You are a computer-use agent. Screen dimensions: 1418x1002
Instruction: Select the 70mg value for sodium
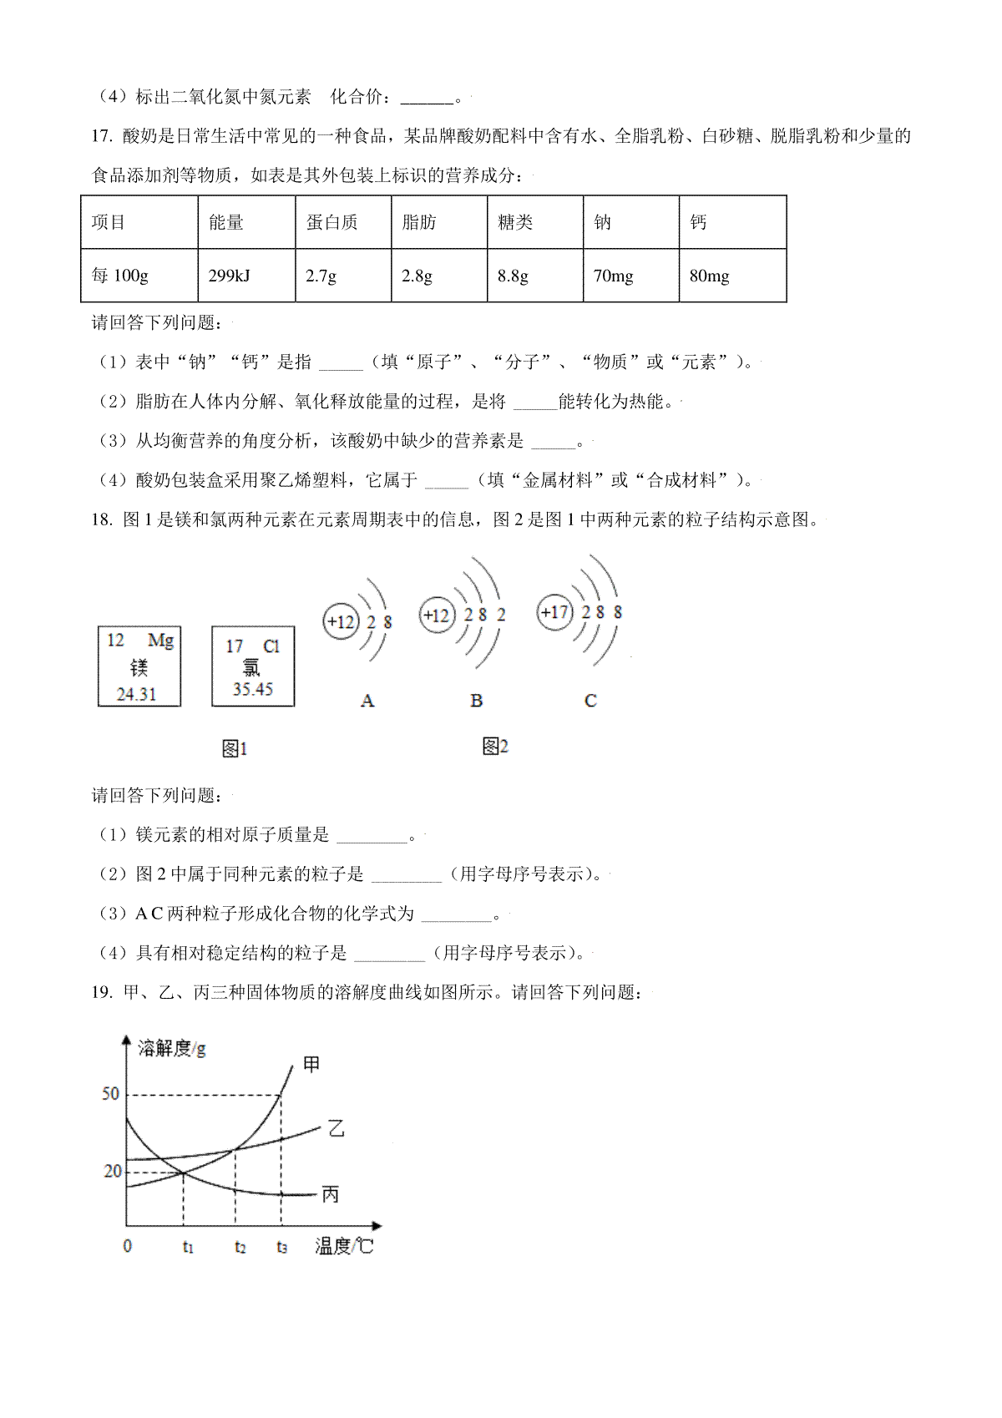point(613,276)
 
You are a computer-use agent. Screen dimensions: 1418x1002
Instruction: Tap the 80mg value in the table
point(709,276)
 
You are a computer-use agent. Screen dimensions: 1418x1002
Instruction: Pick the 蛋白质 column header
point(331,222)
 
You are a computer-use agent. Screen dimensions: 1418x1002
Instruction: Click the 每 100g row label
point(120,276)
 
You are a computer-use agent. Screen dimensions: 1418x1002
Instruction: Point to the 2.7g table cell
point(321,276)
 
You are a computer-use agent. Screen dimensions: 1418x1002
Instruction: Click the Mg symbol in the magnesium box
point(160,641)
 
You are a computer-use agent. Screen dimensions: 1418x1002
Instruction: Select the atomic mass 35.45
point(253,689)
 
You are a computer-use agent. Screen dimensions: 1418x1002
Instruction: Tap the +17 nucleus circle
point(554,612)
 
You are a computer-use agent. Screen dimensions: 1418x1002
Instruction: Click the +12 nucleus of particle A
point(341,621)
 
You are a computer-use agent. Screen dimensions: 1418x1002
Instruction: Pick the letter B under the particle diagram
point(476,701)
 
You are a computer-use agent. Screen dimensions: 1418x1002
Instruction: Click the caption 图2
point(495,746)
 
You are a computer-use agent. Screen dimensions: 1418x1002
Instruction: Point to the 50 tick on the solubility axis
point(110,1094)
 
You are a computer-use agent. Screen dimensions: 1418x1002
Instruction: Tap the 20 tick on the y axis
point(112,1171)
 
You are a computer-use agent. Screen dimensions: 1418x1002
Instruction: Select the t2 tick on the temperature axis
point(240,1247)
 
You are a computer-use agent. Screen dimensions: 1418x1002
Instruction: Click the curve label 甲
point(311,1064)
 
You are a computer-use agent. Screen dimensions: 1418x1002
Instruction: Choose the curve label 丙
point(331,1195)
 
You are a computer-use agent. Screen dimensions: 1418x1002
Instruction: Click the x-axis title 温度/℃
point(344,1246)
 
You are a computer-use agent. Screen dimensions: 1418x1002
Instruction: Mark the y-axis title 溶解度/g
point(172,1048)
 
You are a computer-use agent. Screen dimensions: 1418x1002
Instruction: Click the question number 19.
point(101,992)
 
